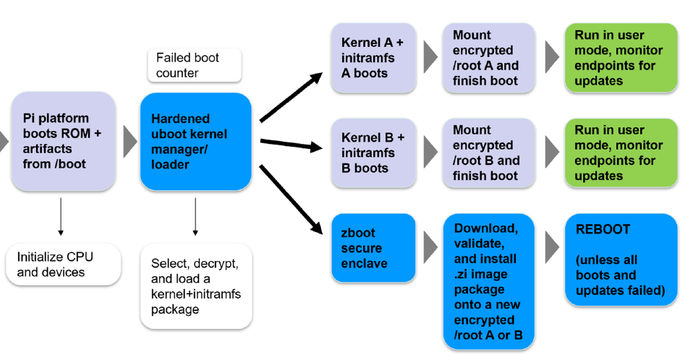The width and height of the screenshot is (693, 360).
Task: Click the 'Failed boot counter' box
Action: tap(194, 65)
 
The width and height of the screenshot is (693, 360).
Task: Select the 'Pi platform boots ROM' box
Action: tap(63, 141)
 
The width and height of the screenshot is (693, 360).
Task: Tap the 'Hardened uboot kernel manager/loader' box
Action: tap(195, 141)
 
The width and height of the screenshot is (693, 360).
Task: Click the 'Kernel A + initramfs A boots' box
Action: tap(373, 58)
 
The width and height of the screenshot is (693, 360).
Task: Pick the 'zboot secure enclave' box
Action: tap(373, 248)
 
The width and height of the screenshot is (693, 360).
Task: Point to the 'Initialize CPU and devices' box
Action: tap(63, 265)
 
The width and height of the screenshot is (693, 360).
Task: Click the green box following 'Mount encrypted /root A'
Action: tap(621, 58)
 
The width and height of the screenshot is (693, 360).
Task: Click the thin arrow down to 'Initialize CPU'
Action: tap(61, 218)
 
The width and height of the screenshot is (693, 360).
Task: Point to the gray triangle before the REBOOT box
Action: tap(552, 247)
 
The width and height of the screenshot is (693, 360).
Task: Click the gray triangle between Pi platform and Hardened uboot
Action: tap(129, 141)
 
